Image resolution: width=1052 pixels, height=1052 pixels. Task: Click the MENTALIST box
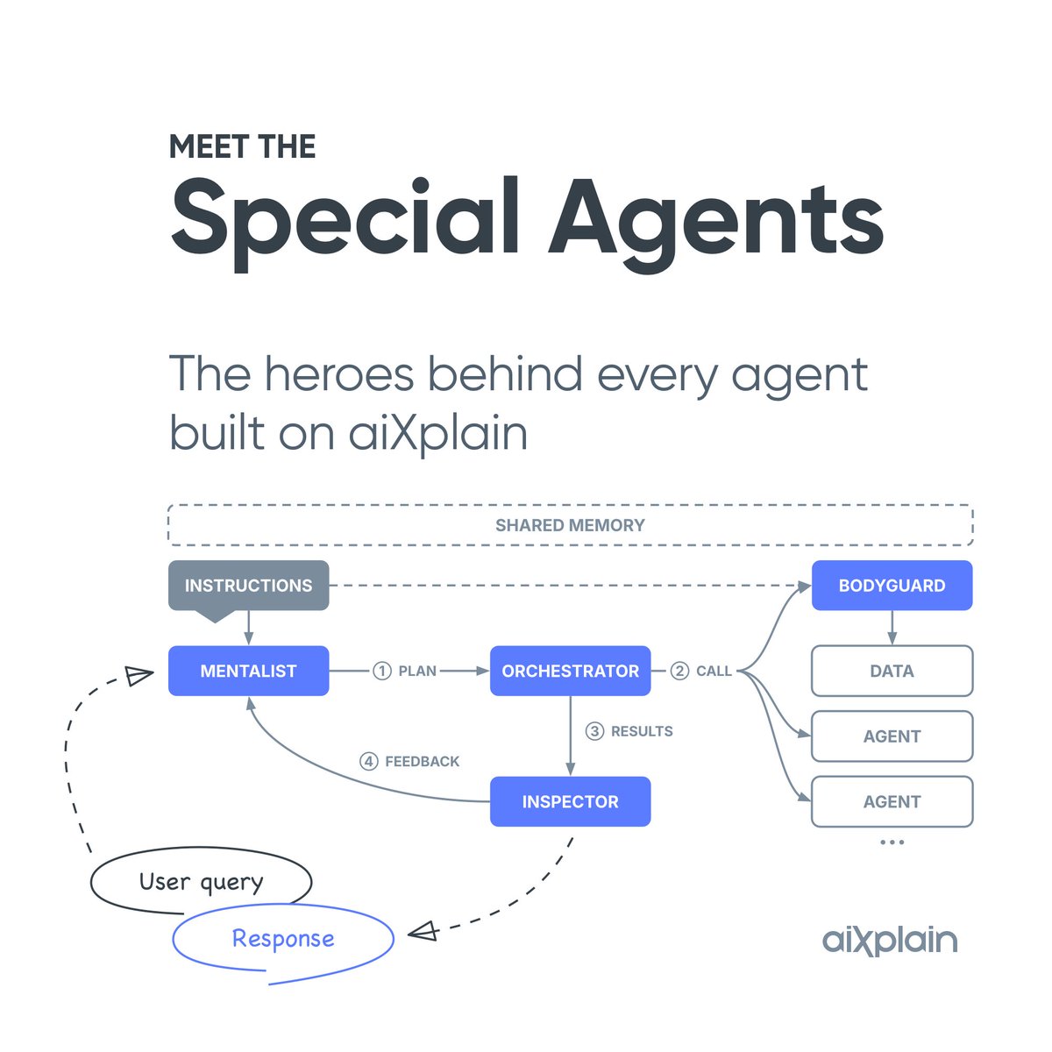click(x=248, y=671)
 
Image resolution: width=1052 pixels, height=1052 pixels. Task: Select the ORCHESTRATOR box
click(x=570, y=671)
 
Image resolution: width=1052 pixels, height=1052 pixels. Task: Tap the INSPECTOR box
click(x=570, y=801)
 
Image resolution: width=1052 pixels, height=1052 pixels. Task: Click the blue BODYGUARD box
click(x=892, y=586)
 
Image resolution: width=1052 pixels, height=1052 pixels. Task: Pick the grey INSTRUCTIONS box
click(x=248, y=586)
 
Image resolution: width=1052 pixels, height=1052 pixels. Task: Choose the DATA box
click(x=892, y=671)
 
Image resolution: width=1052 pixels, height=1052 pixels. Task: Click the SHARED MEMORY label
click(x=570, y=525)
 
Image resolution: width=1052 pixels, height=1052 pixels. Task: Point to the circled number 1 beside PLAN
click(x=381, y=671)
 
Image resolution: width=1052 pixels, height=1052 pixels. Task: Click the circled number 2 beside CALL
click(x=679, y=671)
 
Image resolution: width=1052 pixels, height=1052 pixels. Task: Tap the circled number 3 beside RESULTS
click(x=594, y=731)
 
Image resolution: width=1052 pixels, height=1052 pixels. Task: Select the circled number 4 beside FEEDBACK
click(x=369, y=761)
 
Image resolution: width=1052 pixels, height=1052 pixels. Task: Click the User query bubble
click(x=201, y=882)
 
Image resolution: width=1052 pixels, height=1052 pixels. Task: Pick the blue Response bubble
click(x=283, y=939)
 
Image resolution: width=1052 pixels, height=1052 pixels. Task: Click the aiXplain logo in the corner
click(x=890, y=941)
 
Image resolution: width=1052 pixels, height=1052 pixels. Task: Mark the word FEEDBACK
click(x=422, y=761)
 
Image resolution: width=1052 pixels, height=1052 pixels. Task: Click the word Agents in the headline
click(x=716, y=217)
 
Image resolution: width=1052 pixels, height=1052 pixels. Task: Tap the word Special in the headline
click(x=346, y=217)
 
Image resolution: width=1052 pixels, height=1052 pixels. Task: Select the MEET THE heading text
click(x=242, y=146)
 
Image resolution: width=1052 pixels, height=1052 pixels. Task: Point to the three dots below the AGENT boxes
click(x=892, y=842)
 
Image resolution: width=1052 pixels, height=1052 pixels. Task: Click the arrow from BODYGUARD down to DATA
click(x=892, y=628)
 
